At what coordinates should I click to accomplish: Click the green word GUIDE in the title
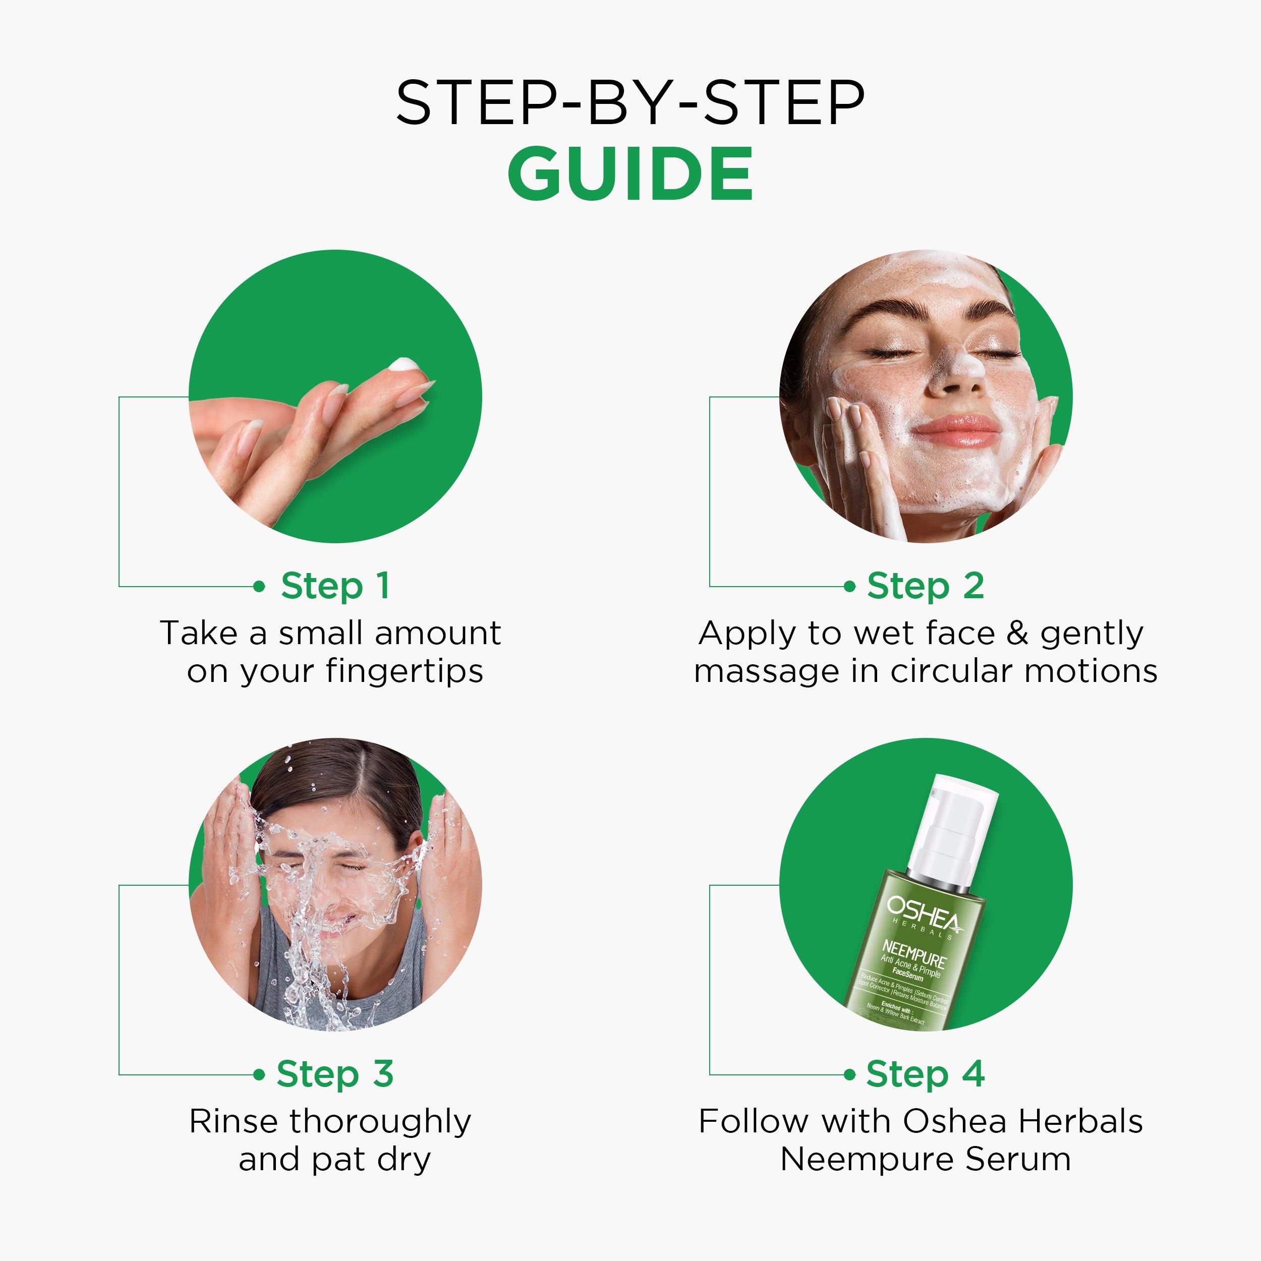[x=630, y=174]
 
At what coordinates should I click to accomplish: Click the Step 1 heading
[x=335, y=586]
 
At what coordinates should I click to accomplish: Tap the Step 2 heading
[x=925, y=586]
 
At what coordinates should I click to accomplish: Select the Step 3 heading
[x=335, y=1074]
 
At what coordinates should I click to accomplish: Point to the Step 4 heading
[x=925, y=1074]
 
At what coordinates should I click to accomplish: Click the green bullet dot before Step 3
[x=259, y=1074]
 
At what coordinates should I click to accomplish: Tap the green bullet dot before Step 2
[x=849, y=586]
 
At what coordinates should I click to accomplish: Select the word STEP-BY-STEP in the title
[x=630, y=102]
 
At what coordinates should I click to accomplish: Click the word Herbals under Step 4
[x=1080, y=1122]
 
